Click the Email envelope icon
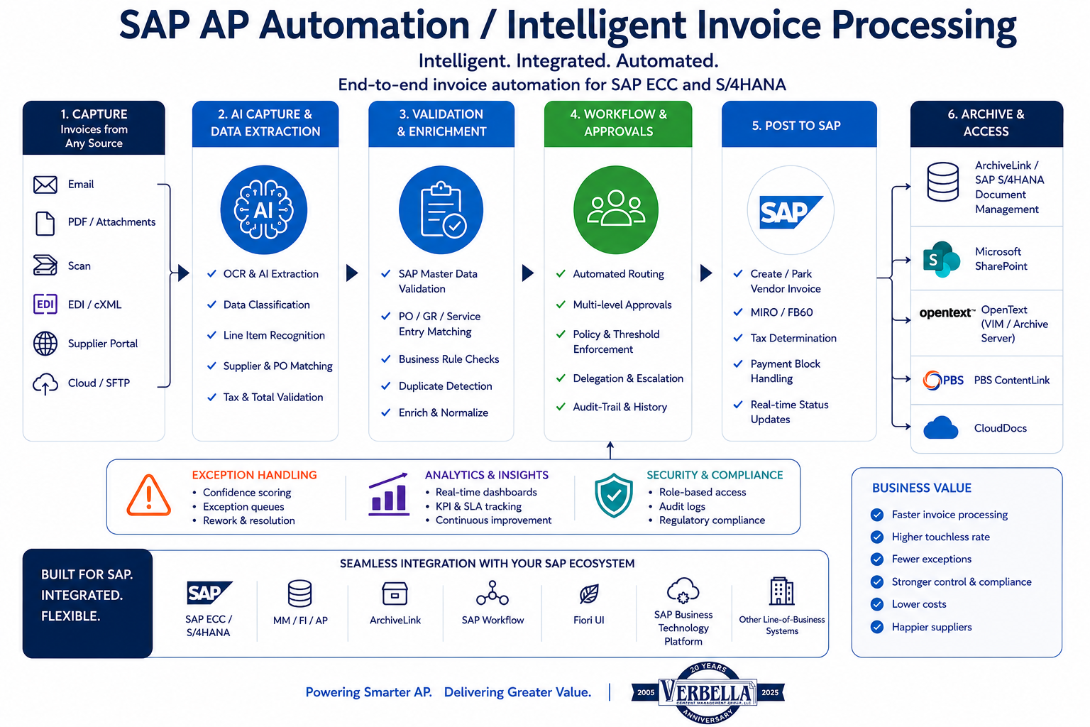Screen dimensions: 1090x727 45,185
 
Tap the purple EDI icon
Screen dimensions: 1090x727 45,305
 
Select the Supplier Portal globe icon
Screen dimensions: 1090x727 45,344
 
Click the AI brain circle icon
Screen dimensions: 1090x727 264,210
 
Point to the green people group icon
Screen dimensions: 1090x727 615,210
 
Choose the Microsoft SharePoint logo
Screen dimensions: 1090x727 941,259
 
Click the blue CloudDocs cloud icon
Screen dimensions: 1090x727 940,427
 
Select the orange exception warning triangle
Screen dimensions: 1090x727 149,496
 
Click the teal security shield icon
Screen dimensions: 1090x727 614,496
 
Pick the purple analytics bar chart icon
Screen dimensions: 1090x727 389,494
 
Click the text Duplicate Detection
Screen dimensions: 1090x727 445,386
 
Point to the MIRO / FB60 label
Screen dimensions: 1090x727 781,312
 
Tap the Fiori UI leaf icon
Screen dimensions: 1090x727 589,594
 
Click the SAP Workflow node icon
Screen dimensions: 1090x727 492,593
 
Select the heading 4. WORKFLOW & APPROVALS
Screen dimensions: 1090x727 619,123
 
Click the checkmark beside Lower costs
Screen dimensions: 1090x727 877,604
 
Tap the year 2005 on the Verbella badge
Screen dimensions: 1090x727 646,692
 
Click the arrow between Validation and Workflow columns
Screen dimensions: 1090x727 528,273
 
